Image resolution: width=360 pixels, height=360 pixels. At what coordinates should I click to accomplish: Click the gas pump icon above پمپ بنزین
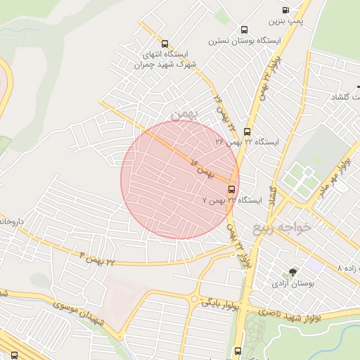(285, 10)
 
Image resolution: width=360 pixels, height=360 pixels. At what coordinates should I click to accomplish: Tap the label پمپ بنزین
(288, 21)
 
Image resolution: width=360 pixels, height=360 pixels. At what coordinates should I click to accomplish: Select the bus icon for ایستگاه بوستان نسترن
(244, 30)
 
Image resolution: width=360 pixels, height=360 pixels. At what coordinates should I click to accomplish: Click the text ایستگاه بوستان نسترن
(244, 41)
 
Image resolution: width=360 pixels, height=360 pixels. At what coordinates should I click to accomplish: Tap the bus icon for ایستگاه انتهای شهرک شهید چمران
(165, 44)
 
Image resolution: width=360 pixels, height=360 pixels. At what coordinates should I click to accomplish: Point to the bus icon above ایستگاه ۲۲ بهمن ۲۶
(247, 131)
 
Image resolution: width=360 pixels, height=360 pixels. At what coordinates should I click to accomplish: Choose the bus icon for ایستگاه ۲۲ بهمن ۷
(231, 189)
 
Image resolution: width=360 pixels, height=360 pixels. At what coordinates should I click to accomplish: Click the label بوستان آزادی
(292, 284)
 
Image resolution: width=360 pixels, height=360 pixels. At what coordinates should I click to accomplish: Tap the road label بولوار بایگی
(221, 304)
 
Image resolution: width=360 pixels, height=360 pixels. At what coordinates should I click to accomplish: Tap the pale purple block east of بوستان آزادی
(314, 266)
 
